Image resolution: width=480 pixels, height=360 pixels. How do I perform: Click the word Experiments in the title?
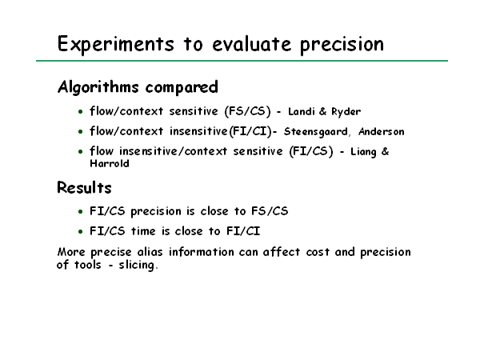click(116, 44)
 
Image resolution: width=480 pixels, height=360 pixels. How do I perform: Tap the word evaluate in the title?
click(252, 44)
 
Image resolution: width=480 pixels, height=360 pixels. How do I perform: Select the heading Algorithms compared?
click(138, 87)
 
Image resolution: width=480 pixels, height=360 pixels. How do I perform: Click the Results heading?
click(84, 188)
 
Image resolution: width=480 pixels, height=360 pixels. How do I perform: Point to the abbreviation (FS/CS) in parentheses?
click(248, 111)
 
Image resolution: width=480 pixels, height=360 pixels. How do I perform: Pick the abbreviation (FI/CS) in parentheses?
click(311, 151)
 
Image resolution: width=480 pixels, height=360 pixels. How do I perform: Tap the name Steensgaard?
click(316, 132)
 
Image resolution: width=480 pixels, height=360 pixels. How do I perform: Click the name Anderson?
click(382, 132)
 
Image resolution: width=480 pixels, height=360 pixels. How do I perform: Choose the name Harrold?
click(110, 163)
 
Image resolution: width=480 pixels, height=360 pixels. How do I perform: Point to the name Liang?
click(363, 152)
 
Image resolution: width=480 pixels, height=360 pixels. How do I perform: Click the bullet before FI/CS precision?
click(81, 211)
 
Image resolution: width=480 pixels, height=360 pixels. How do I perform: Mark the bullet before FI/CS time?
click(81, 231)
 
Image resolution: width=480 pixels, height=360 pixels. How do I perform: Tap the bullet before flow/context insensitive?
click(81, 132)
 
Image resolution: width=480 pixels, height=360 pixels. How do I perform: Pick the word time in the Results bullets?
click(143, 231)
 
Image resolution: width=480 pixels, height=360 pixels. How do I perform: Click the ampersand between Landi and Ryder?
click(322, 111)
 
